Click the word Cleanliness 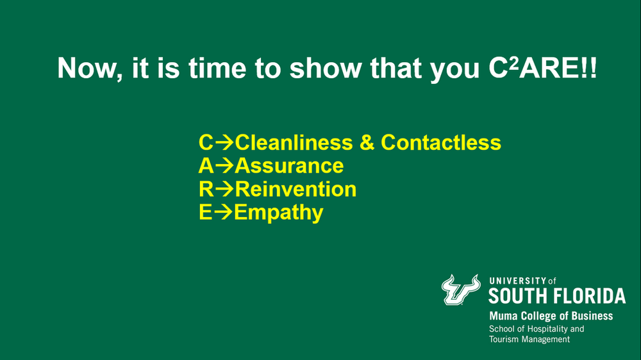tap(294, 142)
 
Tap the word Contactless tap(441, 142)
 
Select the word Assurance tap(289, 165)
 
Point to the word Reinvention tap(296, 189)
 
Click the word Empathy tap(279, 213)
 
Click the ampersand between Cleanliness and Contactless tap(367, 142)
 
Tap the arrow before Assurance tap(224, 166)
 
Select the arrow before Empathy tap(224, 213)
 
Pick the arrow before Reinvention tap(225, 189)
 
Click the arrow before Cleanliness tap(224, 143)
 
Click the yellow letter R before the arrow tap(206, 189)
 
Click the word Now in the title tap(87, 68)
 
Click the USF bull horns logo tap(461, 290)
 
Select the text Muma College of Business tap(551, 316)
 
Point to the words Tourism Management tap(529, 339)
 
